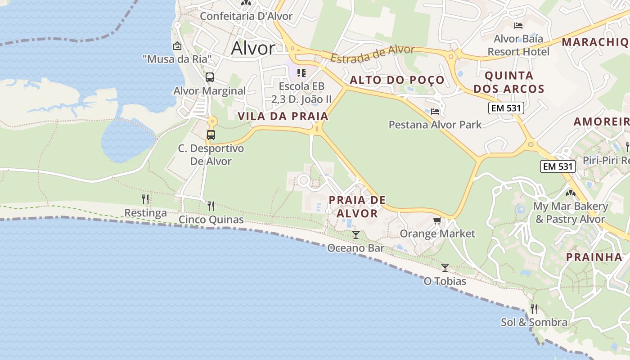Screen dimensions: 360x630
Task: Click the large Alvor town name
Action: pos(252,48)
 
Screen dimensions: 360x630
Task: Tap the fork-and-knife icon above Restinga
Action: pos(145,199)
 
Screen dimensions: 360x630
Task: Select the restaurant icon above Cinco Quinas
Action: pos(211,206)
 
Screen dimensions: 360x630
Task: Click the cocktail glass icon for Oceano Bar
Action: pos(356,234)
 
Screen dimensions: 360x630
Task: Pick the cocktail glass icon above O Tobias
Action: pos(445,267)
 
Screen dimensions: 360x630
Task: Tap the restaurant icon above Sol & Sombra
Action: pos(534,309)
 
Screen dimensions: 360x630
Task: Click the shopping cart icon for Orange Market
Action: pos(437,220)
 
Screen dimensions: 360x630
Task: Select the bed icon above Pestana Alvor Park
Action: pos(435,111)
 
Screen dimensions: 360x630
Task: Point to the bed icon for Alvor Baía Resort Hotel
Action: pos(518,25)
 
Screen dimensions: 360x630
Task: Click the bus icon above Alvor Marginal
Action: pos(210,77)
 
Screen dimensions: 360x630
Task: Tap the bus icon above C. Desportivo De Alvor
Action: pos(211,135)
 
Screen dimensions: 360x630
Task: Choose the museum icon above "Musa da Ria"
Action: pos(177,46)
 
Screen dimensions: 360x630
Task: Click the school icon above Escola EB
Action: pos(301,72)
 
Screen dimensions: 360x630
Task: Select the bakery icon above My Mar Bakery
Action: pos(570,193)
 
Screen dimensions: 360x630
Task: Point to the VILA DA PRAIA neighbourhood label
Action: pos(283,116)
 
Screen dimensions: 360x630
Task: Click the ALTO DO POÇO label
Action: pos(397,80)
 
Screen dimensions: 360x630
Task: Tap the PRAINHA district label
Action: pos(594,257)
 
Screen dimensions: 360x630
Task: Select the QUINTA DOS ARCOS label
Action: pos(509,82)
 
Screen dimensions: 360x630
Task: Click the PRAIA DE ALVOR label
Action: pos(357,206)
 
